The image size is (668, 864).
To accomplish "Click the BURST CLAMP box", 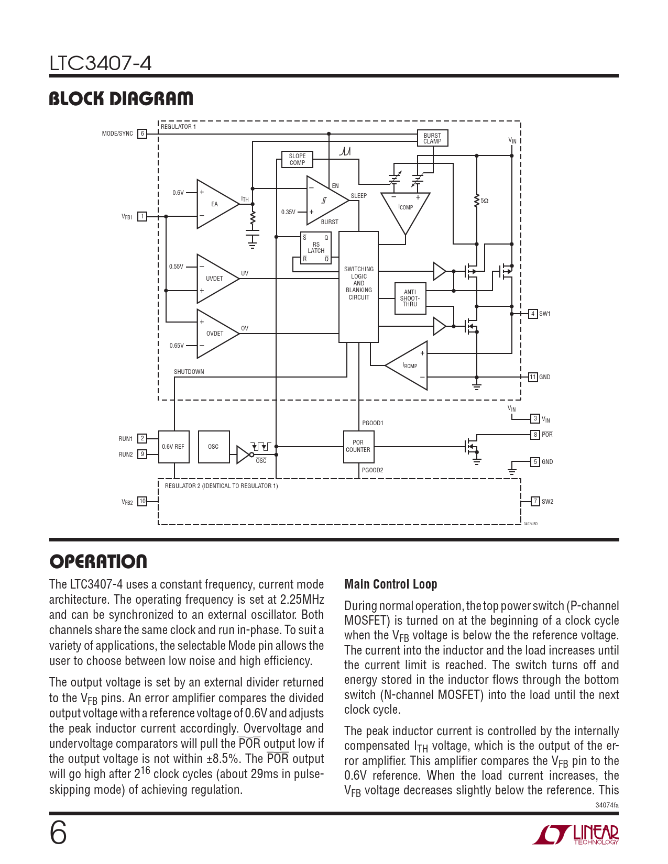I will click(432, 138).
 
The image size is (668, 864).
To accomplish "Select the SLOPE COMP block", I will click(297, 159).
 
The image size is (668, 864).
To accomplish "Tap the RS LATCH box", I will click(316, 248).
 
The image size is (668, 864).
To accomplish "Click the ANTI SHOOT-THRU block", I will click(410, 298).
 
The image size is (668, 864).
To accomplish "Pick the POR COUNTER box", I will click(358, 447).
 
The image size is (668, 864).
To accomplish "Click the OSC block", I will click(214, 447).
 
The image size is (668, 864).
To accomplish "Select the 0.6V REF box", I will click(173, 447).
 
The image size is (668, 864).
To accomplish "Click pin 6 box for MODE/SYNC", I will click(142, 134).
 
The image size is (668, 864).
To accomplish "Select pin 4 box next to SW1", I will click(533, 314).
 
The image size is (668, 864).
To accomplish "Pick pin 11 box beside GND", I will click(533, 377).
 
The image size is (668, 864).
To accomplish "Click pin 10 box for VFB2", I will click(142, 502).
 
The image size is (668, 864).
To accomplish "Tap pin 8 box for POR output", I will click(535, 435).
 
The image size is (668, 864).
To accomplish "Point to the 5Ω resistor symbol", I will click(477, 201).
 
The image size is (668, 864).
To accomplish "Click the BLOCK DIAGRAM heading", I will click(121, 99).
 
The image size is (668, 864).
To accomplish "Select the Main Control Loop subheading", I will click(390, 584).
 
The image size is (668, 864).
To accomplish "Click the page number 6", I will click(58, 833).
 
